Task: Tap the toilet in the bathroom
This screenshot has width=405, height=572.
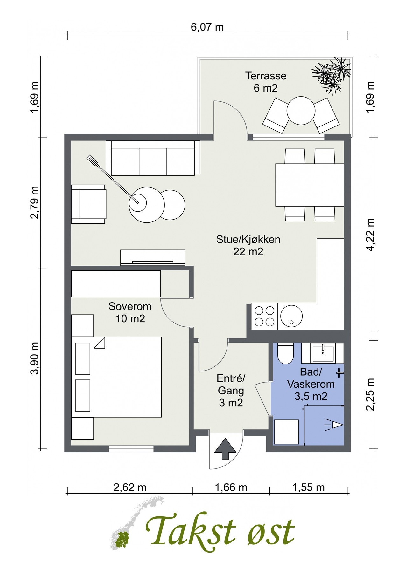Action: tap(285, 353)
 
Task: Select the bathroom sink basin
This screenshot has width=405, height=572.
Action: tap(323, 354)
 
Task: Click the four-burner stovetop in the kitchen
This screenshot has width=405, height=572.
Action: tap(264, 316)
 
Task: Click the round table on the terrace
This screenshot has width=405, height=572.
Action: tap(301, 111)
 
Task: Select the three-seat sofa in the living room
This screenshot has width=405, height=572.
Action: tap(153, 158)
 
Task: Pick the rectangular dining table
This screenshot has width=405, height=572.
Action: tap(310, 185)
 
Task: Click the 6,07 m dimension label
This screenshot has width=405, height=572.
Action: tap(207, 27)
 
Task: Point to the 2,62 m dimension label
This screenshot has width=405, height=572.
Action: tap(130, 487)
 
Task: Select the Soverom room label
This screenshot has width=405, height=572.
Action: tap(130, 306)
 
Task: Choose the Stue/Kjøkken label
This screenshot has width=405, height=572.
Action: tap(248, 239)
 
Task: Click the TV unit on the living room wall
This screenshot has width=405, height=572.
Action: tap(152, 257)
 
